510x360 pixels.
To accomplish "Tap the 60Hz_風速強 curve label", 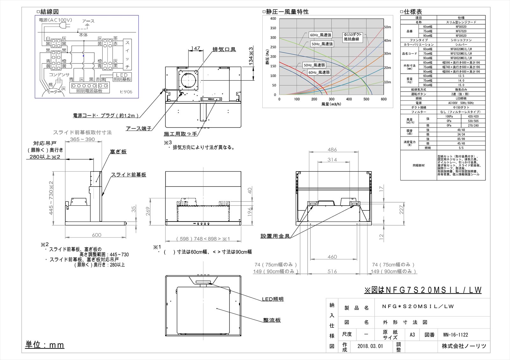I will pyautogui.click(x=320, y=35).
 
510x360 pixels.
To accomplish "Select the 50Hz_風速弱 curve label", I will pyautogui.click(x=314, y=65).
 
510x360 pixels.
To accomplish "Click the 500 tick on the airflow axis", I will pyautogui.click(x=366, y=99).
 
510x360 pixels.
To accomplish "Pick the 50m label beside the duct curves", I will pyautogui.click(x=387, y=27).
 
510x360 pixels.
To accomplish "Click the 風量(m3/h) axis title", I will pyautogui.click(x=331, y=104).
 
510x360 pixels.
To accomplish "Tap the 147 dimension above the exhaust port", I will pyautogui.click(x=195, y=48).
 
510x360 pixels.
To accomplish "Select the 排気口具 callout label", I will pyautogui.click(x=224, y=49).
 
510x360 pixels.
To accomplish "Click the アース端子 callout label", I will pyautogui.click(x=138, y=129).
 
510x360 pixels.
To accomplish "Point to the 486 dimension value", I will pyautogui.click(x=332, y=150).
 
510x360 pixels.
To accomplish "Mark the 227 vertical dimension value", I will pyautogui.click(x=402, y=209).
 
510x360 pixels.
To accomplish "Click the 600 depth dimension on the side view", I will pyautogui.click(x=96, y=235).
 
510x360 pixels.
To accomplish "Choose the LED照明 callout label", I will pyautogui.click(x=273, y=299).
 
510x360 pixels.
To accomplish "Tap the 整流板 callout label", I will pyautogui.click(x=272, y=320).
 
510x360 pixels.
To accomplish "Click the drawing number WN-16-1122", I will pyautogui.click(x=455, y=334).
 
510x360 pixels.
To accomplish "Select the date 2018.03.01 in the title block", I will pyautogui.click(x=370, y=346).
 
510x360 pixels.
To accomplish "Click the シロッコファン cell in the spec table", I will pyautogui.click(x=461, y=40).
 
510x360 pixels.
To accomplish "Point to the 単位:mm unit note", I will pyautogui.click(x=45, y=345).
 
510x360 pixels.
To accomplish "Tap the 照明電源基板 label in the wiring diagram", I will pyautogui.click(x=89, y=91).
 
